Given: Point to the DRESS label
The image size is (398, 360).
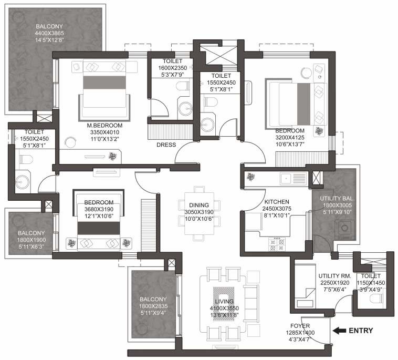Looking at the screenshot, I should [x=166, y=145].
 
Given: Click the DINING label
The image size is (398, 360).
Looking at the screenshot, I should [x=199, y=205].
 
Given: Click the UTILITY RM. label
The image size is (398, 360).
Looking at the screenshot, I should [x=334, y=275].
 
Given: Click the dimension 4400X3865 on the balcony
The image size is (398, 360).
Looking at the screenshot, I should [x=48, y=32].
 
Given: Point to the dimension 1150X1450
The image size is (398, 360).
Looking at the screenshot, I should [x=371, y=283].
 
